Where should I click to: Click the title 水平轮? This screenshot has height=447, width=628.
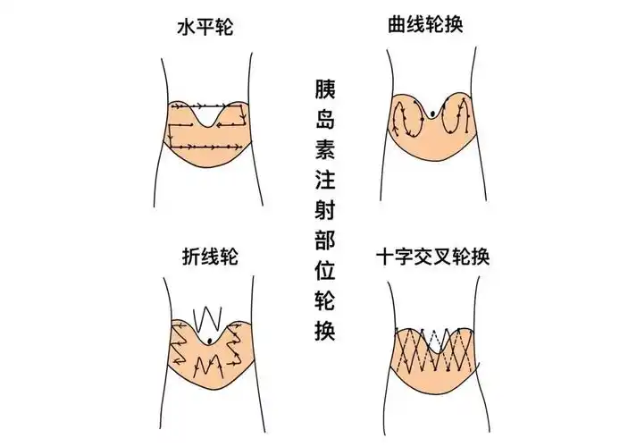pyautogui.click(x=205, y=27)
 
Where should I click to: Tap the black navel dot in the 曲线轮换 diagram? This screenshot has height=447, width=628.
pyautogui.click(x=433, y=112)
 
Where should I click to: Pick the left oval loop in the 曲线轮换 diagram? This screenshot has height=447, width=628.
pyautogui.click(x=407, y=119)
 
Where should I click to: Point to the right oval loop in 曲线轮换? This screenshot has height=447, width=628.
pyautogui.click(x=459, y=119)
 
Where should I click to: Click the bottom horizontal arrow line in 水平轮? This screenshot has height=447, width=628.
pyautogui.click(x=205, y=146)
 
